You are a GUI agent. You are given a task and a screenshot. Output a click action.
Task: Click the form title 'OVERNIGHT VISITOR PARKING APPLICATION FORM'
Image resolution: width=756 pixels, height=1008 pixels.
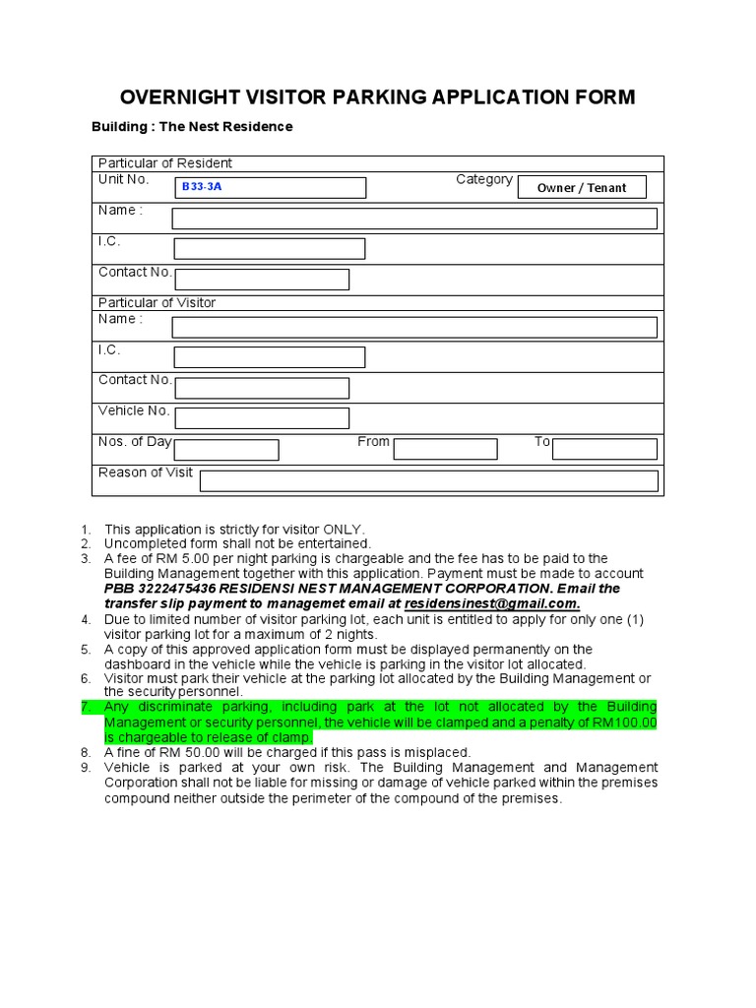377,96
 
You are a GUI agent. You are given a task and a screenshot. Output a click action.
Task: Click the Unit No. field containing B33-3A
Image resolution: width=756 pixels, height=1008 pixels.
270,187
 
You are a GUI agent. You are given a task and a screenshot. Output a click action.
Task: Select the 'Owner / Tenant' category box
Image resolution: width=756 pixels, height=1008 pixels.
582,187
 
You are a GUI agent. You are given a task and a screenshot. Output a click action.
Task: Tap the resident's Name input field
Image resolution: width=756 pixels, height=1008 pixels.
414,219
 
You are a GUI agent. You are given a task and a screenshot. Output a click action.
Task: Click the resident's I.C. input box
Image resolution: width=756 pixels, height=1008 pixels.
270,249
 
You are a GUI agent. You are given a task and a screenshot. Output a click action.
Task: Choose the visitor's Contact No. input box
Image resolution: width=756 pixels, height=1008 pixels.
262,388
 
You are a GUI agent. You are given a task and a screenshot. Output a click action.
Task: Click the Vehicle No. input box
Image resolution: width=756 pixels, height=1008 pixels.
262,418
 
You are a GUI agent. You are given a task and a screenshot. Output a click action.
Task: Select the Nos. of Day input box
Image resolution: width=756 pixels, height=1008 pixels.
226,450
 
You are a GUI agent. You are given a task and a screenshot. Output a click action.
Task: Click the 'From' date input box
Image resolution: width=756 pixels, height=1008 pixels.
445,450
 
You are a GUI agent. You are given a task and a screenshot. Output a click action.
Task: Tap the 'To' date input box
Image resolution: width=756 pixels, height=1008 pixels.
604,450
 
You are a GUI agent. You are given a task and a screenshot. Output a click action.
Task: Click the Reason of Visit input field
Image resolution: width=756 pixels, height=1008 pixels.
428,480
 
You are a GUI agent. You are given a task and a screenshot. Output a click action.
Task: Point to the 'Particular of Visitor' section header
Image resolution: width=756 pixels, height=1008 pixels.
157,302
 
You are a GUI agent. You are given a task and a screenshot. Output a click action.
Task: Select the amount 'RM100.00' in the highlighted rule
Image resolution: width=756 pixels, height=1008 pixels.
626,724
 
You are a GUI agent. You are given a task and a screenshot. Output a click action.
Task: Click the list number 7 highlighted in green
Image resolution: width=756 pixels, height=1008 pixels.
86,708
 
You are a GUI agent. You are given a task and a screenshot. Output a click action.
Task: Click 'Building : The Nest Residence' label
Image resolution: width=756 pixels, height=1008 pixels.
192,127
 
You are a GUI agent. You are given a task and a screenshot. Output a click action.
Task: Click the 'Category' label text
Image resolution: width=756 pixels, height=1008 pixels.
483,179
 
